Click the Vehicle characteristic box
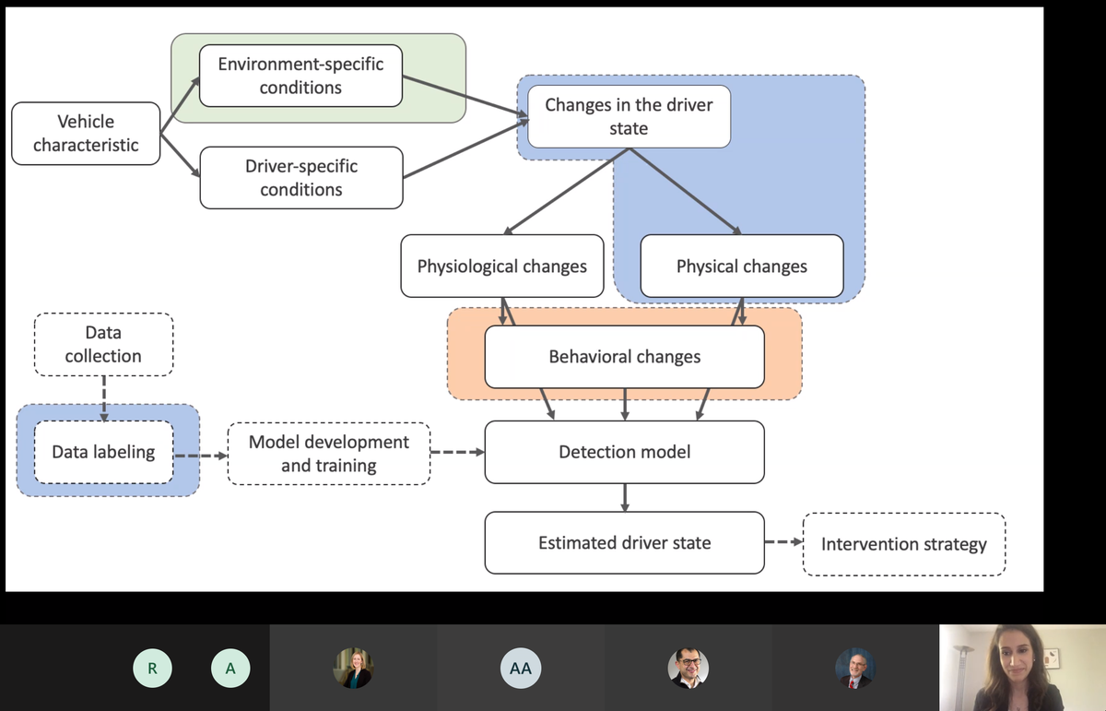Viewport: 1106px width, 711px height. coord(86,134)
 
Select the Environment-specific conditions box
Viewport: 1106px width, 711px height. coord(300,76)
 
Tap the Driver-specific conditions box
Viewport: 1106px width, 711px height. coord(301,178)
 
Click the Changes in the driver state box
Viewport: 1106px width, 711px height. coord(629,116)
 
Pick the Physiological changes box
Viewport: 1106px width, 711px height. coord(502,266)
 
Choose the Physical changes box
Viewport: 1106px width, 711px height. coord(742,266)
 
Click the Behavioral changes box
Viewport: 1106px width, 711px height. coord(625,357)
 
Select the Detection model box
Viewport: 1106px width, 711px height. coord(625,452)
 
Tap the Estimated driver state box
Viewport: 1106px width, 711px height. coord(625,542)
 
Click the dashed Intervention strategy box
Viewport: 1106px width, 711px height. coord(904,544)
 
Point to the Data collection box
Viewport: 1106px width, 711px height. coord(103,344)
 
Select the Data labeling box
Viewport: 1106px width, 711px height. coord(103,452)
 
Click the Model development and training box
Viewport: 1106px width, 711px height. coord(329,454)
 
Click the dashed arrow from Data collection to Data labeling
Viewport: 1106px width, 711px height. coord(103,398)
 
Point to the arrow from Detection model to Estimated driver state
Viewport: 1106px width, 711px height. coord(625,498)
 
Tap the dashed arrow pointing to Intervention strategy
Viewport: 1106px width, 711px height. coord(783,542)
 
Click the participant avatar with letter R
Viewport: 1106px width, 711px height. coord(152,668)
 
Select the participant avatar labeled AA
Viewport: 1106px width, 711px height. coord(521,668)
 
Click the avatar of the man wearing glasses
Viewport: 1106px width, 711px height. coord(688,668)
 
